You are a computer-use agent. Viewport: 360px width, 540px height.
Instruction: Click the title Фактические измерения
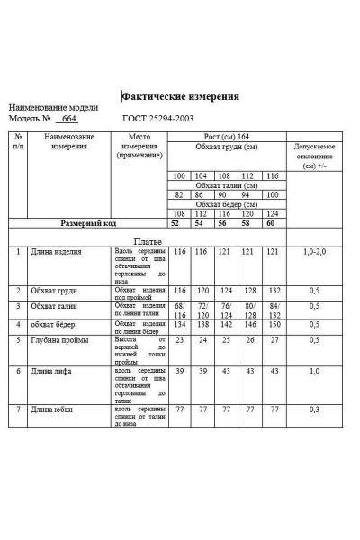pos(181,97)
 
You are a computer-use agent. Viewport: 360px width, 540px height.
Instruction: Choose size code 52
pos(179,222)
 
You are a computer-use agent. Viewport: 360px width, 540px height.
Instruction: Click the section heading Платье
pos(148,241)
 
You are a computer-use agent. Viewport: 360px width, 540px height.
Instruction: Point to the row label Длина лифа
pos(50,371)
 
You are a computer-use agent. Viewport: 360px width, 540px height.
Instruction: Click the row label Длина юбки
pos(50,409)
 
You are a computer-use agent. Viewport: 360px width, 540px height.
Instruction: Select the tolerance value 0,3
pos(315,409)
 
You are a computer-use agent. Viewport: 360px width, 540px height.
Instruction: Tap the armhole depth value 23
pos(179,340)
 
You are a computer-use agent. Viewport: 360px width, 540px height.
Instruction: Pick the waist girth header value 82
pos(179,194)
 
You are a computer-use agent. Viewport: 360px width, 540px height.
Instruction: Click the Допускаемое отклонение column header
pos(315,156)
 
